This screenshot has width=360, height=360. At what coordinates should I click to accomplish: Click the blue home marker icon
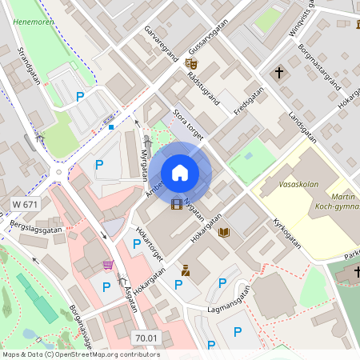[x=180, y=172]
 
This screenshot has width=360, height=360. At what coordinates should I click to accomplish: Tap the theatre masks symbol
[x=191, y=62]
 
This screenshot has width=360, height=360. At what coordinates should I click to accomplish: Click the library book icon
[x=224, y=232]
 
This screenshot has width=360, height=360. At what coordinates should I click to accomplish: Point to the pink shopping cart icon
[x=108, y=264]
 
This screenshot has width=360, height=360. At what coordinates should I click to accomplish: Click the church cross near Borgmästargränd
[x=280, y=73]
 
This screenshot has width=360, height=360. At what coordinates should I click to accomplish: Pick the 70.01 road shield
[x=146, y=338]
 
